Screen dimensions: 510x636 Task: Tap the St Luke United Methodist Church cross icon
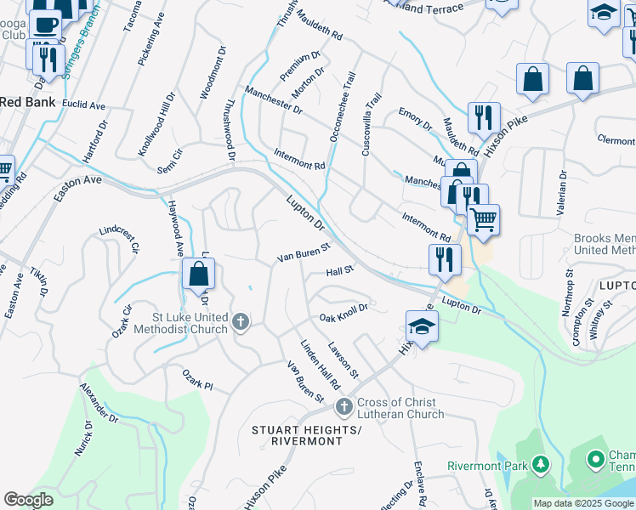[241, 321]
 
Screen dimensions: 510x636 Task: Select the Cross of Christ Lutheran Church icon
[344, 407]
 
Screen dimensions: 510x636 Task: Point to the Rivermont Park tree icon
[539, 464]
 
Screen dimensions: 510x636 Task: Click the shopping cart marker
[483, 219]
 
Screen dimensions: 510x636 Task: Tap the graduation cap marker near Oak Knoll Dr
[422, 326]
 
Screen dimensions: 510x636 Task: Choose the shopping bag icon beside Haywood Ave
[198, 274]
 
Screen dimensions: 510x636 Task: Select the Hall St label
[339, 271]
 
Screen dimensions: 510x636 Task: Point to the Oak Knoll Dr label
[343, 314]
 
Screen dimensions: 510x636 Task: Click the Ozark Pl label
[196, 378]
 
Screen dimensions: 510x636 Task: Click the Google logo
[28, 500]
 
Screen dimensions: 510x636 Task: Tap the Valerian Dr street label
[562, 184]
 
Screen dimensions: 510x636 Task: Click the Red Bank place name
[27, 102]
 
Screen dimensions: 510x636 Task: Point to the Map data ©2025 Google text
[583, 503]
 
